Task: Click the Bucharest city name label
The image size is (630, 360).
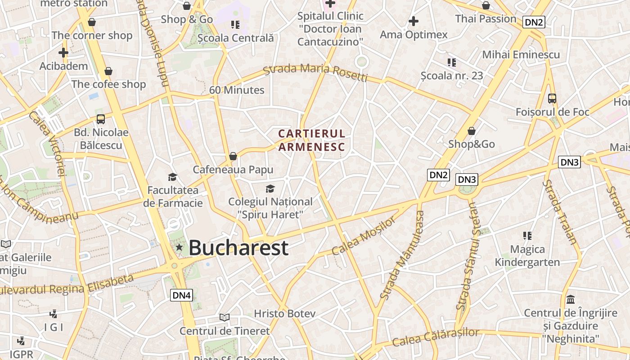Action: (x=238, y=248)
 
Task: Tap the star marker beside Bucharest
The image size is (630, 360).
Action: (x=179, y=247)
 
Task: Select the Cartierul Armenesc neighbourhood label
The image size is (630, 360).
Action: (x=311, y=140)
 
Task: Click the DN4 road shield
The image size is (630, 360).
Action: (x=182, y=295)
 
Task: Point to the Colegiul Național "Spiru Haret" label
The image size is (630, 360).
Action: (x=270, y=208)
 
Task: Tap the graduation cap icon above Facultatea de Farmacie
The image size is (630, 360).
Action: (x=172, y=177)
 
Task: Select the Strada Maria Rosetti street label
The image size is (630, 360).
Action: (x=315, y=72)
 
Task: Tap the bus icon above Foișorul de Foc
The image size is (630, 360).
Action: (x=552, y=99)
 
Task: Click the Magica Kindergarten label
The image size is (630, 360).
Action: (x=527, y=256)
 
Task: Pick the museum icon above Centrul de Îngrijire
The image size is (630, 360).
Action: (x=571, y=299)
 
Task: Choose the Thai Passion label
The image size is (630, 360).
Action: (x=486, y=19)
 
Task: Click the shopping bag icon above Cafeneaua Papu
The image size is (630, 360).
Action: (x=233, y=156)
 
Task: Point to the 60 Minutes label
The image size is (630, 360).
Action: (x=237, y=90)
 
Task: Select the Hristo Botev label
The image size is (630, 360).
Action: (x=284, y=314)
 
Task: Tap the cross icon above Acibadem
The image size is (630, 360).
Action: (x=63, y=53)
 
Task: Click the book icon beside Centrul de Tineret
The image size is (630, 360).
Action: (x=225, y=317)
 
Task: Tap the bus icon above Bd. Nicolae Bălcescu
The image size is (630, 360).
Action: (x=101, y=119)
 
